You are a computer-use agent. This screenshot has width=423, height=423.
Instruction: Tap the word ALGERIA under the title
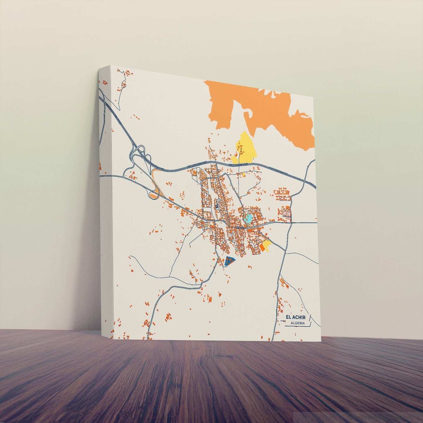tap(298, 323)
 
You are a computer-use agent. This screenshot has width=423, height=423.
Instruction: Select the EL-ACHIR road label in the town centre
tap(240, 227)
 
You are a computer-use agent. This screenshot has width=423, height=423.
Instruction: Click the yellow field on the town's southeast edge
tap(267, 244)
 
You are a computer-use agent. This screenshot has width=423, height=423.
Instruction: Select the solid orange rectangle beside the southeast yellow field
tap(262, 248)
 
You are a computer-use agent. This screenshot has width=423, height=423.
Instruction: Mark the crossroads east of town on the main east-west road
tap(292, 222)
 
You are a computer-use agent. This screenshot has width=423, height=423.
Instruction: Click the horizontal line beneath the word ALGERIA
tap(299, 326)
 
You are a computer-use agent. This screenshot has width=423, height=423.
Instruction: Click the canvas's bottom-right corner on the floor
tap(321, 340)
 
